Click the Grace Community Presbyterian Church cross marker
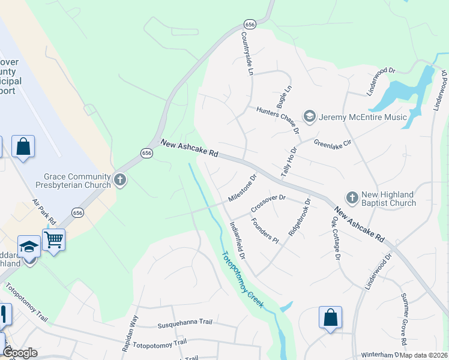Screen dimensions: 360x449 click(120, 179)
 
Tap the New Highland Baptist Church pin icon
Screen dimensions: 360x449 click(352, 197)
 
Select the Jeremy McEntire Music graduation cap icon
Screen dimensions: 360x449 click(310, 116)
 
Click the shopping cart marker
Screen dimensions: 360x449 click(53, 240)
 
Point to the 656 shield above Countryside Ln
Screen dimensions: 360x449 click(250, 24)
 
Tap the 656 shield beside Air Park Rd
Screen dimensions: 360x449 click(77, 212)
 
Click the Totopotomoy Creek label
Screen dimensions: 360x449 click(243, 280)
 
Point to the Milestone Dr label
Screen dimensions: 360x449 click(243, 188)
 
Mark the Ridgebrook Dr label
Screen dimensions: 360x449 click(300, 218)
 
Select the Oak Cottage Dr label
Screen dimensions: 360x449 click(335, 238)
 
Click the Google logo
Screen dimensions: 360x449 click(20, 353)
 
